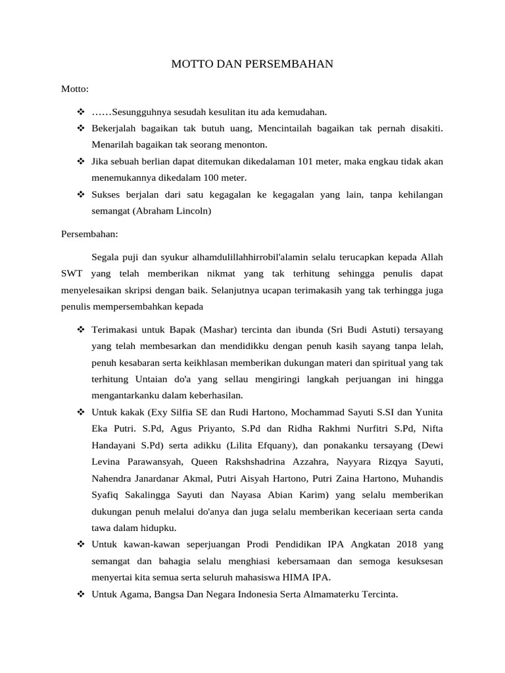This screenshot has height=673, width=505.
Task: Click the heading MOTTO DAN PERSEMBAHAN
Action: [252, 64]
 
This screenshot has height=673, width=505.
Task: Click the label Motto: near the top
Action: [75, 88]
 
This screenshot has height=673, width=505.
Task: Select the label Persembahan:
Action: [89, 233]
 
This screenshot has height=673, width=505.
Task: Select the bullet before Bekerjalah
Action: [81, 128]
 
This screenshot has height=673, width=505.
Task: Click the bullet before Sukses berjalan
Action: [81, 195]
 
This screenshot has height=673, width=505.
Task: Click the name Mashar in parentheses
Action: [217, 329]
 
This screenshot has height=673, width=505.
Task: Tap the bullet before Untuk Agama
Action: [81, 594]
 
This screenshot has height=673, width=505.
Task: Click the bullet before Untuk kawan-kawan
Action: [81, 544]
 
